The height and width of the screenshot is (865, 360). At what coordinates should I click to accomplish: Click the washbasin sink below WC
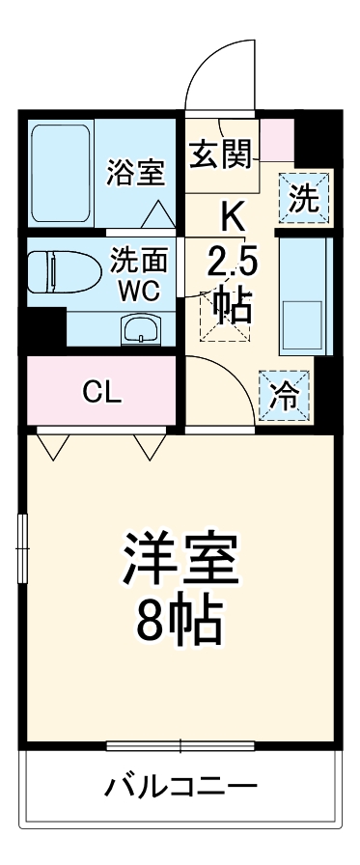click(141, 329)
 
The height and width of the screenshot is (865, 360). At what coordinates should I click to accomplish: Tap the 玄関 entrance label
click(221, 152)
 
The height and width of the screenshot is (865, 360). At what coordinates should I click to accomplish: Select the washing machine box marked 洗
click(303, 198)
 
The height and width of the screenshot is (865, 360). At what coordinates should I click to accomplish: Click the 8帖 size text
click(180, 623)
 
